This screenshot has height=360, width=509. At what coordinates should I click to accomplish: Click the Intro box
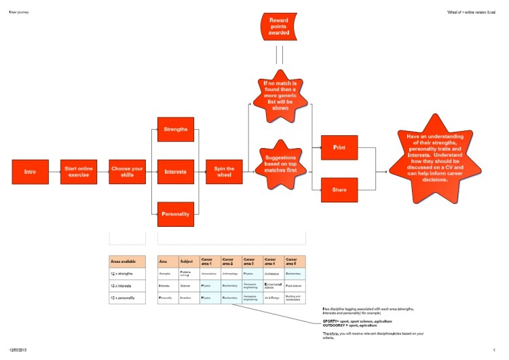click(x=31, y=172)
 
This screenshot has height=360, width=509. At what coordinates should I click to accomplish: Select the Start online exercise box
click(x=79, y=172)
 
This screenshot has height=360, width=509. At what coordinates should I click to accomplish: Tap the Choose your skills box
click(x=128, y=172)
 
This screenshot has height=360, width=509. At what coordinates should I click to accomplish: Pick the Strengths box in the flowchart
click(x=176, y=129)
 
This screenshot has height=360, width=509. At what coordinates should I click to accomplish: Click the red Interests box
click(x=176, y=172)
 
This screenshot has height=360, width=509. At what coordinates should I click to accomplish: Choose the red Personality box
click(x=176, y=214)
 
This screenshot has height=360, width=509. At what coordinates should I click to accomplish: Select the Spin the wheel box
click(x=225, y=172)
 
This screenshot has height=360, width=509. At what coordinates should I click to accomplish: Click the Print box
click(x=339, y=147)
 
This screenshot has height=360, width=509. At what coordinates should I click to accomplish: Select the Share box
click(x=339, y=190)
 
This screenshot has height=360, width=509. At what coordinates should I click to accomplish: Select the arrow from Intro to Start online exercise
click(x=55, y=172)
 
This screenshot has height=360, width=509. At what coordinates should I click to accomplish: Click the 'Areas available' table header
click(x=127, y=262)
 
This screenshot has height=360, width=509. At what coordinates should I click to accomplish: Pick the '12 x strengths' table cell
click(x=127, y=274)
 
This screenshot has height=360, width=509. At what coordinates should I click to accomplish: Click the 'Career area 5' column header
click(x=295, y=262)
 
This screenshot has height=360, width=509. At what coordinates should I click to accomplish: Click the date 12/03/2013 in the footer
click(x=18, y=350)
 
